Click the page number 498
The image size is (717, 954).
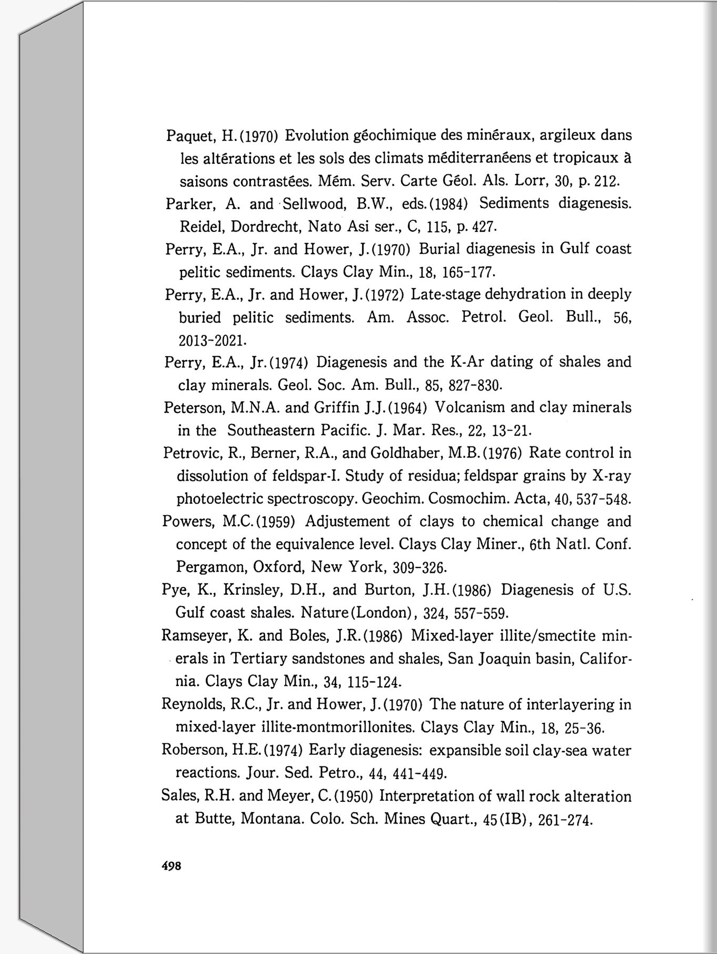pyautogui.click(x=172, y=866)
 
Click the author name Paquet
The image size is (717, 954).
pyautogui.click(x=190, y=136)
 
